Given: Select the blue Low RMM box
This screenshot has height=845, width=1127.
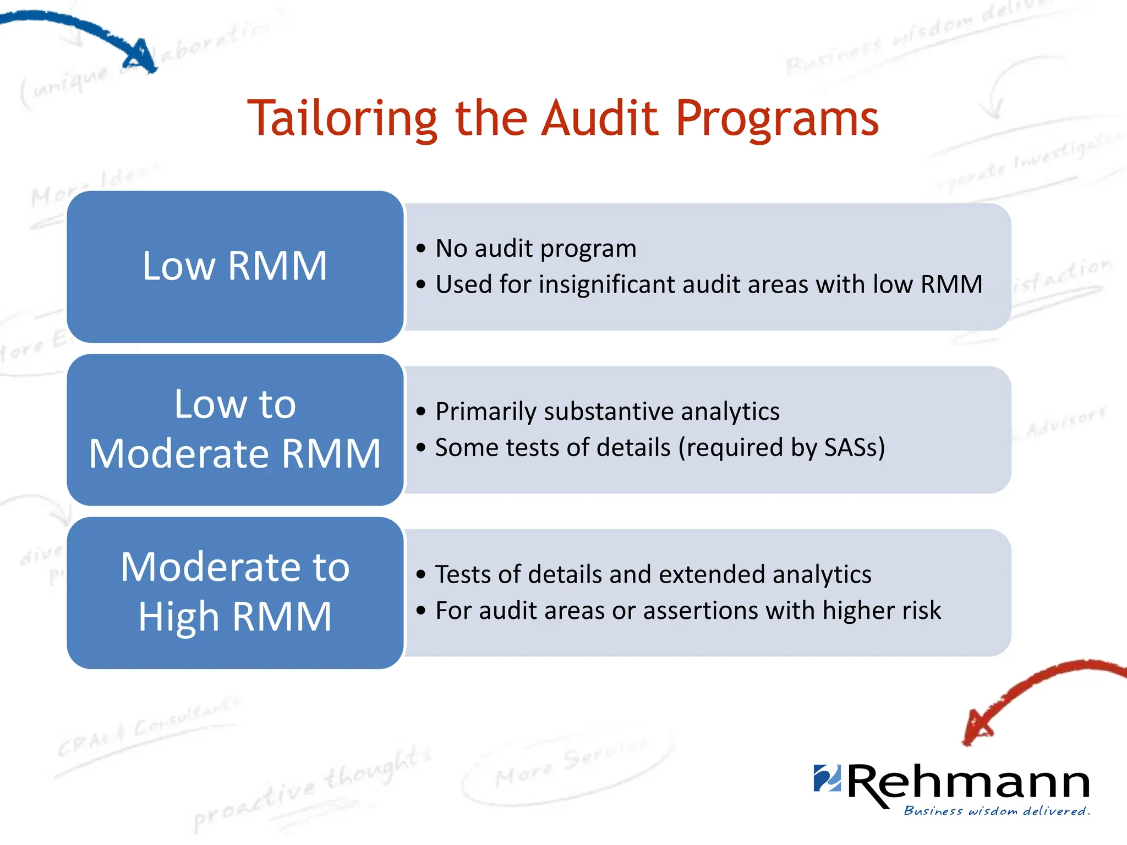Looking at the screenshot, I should point(235,266).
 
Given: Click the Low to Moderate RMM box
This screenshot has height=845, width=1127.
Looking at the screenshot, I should point(235,429).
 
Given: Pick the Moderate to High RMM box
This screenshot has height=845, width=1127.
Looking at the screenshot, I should point(235,592).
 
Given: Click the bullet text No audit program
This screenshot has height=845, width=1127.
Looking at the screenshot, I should point(535,249).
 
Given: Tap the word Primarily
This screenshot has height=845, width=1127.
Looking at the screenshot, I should point(485,411).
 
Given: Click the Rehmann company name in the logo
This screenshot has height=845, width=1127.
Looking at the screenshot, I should point(968,783).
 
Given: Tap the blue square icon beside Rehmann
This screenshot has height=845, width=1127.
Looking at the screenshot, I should point(827,777).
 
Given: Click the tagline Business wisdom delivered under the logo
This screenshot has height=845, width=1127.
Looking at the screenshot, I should point(997,811).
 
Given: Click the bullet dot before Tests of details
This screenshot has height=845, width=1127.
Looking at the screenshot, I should point(421,575).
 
